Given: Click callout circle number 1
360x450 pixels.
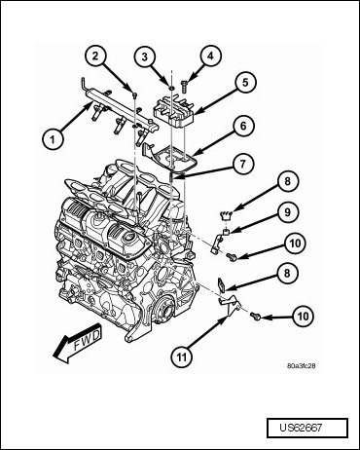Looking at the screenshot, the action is click(53, 139).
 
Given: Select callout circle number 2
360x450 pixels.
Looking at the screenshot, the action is click(94, 56).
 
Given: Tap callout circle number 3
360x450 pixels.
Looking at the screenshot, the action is click(145, 57).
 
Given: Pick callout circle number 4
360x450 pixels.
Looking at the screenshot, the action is click(210, 56).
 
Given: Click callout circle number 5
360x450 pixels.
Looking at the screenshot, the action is click(245, 82).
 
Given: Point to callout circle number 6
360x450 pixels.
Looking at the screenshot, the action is click(243, 126).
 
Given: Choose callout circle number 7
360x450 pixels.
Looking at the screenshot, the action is click(243, 164).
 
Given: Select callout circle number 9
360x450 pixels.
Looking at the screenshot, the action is click(287, 211).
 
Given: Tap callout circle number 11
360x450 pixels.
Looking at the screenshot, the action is click(182, 357).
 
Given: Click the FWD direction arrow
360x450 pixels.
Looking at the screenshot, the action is click(78, 344).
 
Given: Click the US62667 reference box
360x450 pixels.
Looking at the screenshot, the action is click(307, 428).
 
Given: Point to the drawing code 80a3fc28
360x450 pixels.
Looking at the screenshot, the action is click(302, 365).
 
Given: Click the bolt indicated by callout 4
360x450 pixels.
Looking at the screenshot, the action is click(184, 86).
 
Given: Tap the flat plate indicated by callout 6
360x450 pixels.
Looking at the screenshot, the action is click(170, 158).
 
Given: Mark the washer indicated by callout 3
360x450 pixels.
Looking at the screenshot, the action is click(171, 88).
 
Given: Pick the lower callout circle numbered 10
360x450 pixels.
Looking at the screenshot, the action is click(303, 316).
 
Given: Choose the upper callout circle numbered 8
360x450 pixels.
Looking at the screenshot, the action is click(287, 181).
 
